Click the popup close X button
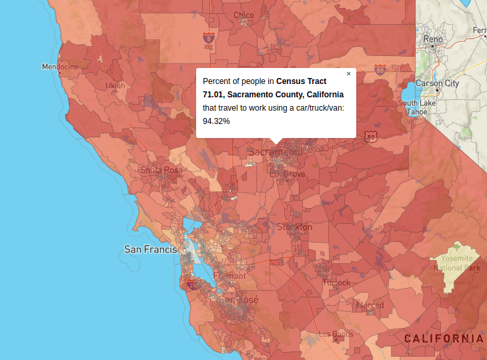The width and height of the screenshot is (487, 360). tap(348, 74)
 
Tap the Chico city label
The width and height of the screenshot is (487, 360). tap(243, 15)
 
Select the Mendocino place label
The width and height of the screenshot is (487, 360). tap(60, 67)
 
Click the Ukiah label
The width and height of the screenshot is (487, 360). tap(115, 85)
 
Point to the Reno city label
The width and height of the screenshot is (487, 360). tap(433, 39)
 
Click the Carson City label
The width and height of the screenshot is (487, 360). tap(437, 83)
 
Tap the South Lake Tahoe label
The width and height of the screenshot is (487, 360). tap(418, 107)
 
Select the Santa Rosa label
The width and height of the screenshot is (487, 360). tap(161, 170)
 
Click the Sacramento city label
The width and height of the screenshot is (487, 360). tap(275, 152)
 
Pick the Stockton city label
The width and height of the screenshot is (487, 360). tap(294, 227)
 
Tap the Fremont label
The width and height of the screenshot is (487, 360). tap(229, 275)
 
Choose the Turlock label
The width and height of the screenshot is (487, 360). tap(336, 283)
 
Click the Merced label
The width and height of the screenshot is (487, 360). tap(370, 305)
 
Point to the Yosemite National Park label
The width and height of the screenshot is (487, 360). tap(457, 263)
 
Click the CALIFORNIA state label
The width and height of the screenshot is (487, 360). tap(444, 339)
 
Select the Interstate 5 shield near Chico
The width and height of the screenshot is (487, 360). tap(209, 38)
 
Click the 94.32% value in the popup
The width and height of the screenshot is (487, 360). tap(216, 121)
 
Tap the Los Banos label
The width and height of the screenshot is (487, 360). tap(336, 334)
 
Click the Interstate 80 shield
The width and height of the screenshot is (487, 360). tap(380, 69)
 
